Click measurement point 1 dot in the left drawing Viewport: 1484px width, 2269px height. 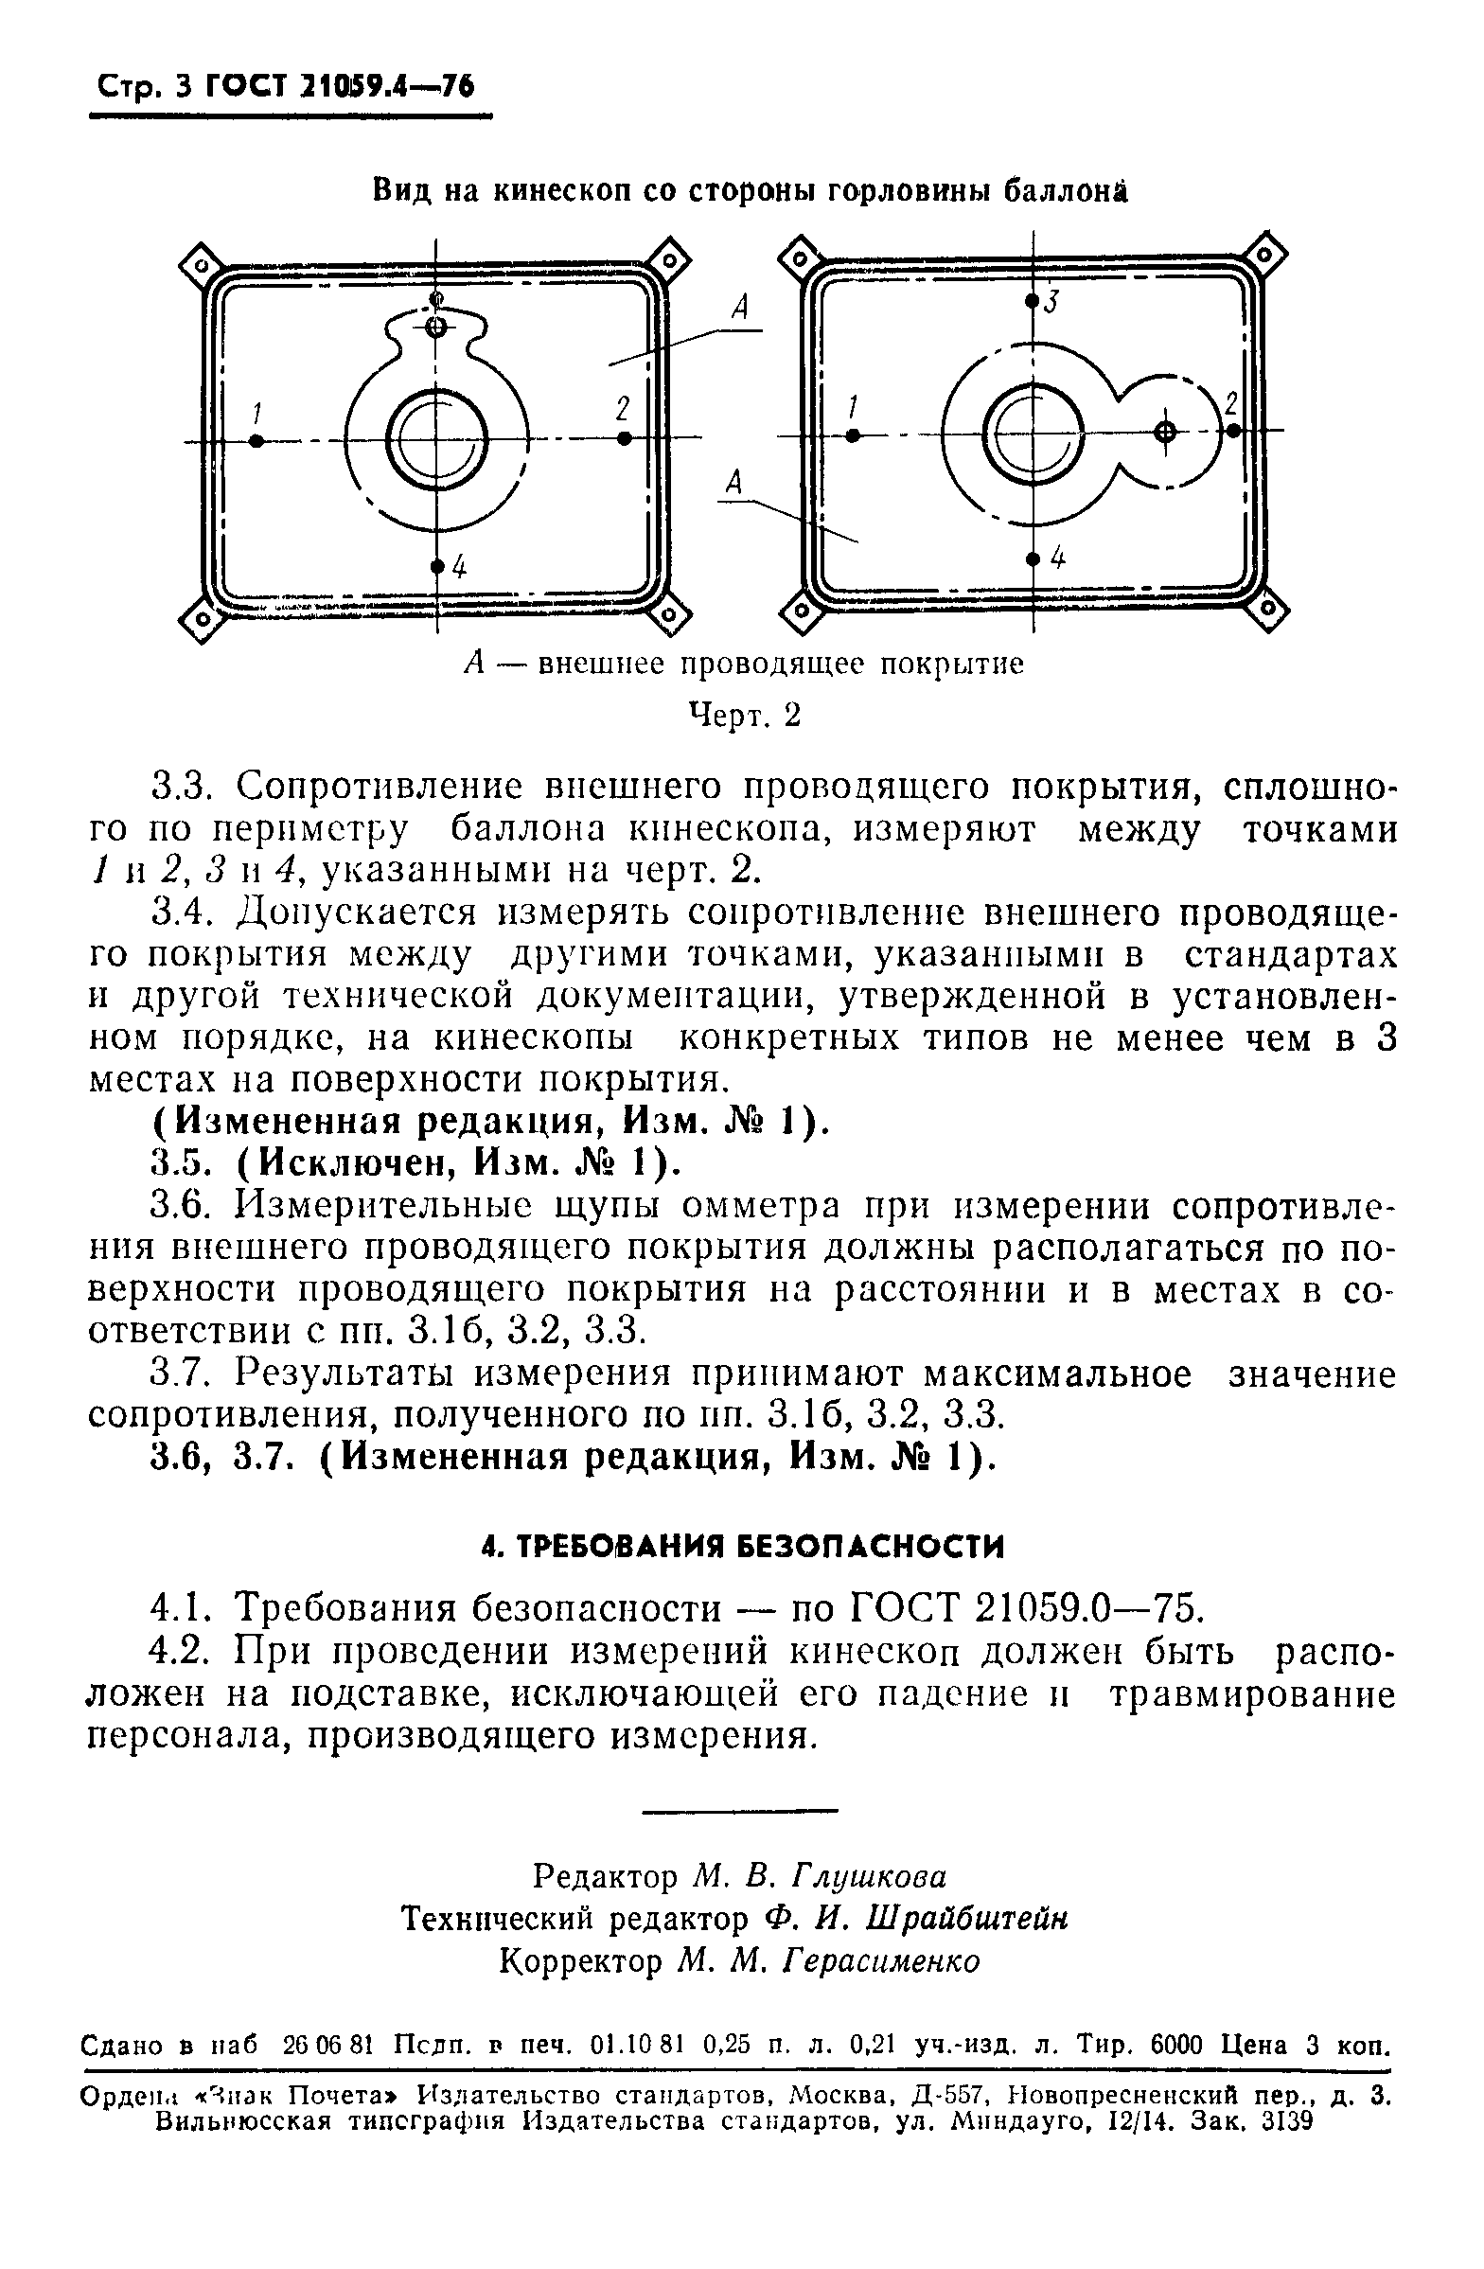[256, 440]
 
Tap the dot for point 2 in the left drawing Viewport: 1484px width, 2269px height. [625, 437]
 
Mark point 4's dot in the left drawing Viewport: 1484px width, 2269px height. [437, 566]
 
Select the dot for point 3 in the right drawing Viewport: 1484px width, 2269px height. [1032, 301]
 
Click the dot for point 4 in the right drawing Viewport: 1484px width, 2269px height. [1032, 558]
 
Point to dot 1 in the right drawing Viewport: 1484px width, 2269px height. [853, 434]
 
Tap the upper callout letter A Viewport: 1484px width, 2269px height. [739, 308]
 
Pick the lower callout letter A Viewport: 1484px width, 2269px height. [733, 483]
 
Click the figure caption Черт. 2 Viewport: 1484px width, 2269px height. [745, 715]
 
